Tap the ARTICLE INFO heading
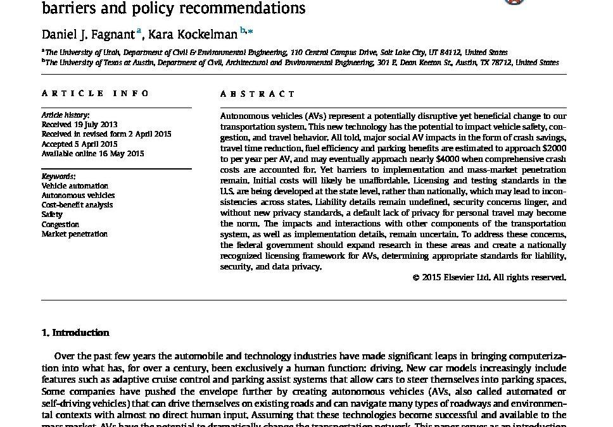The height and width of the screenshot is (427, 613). [96, 94]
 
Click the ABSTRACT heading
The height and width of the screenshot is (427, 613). [257, 94]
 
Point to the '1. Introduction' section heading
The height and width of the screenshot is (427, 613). [75, 333]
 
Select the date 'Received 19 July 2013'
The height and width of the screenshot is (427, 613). [79, 125]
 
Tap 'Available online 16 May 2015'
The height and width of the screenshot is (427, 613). [92, 153]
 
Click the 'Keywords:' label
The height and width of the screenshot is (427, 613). [58, 176]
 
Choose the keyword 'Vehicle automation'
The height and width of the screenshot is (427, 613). [75, 186]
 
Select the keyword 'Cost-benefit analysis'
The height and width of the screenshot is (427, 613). [77, 205]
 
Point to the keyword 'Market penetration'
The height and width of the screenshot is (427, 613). [74, 233]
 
